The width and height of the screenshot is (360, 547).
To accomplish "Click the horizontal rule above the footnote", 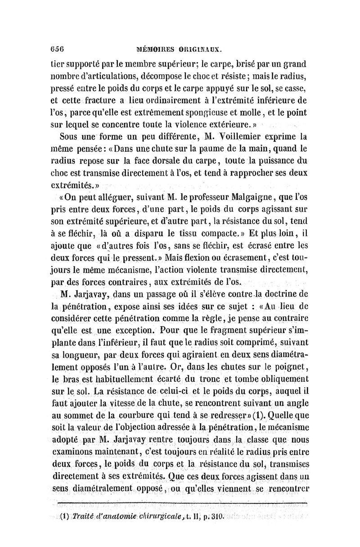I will click(183, 503).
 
